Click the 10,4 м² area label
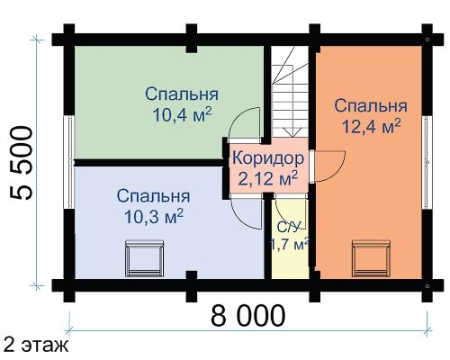coord(183,114)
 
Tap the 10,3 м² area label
coord(154,216)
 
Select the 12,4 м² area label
coord(371,126)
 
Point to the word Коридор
coord(268,158)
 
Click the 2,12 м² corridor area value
coord(268,178)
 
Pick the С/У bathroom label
coord(288,228)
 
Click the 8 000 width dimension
coord(247,316)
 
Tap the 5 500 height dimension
coord(21,163)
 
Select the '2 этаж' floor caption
coord(35,346)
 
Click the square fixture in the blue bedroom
coord(145,258)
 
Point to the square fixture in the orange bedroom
coord(371,258)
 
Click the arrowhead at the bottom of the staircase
coord(292,132)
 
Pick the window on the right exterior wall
coord(427,162)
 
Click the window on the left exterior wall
coord(69,162)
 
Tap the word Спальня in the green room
coord(182,94)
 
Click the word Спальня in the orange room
coord(371,106)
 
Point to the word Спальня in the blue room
coord(153,196)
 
